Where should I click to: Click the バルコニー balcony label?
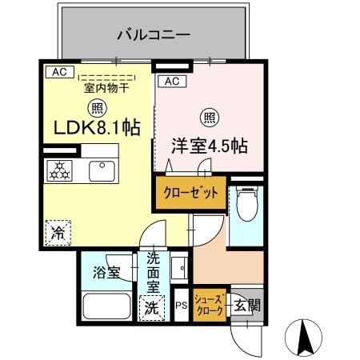pyautogui.click(x=152, y=34)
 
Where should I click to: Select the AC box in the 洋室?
pyautogui.click(x=171, y=81)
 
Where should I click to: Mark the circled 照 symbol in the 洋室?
pyautogui.click(x=208, y=118)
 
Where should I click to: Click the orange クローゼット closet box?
pyautogui.click(x=190, y=194)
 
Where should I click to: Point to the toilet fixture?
pyautogui.click(x=247, y=202)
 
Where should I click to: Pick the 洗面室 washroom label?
pyautogui.click(x=153, y=272)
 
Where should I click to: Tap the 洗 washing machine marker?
pyautogui.click(x=152, y=306)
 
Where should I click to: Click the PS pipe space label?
pyautogui.click(x=182, y=305)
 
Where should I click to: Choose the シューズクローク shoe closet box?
pyautogui.click(x=210, y=305)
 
